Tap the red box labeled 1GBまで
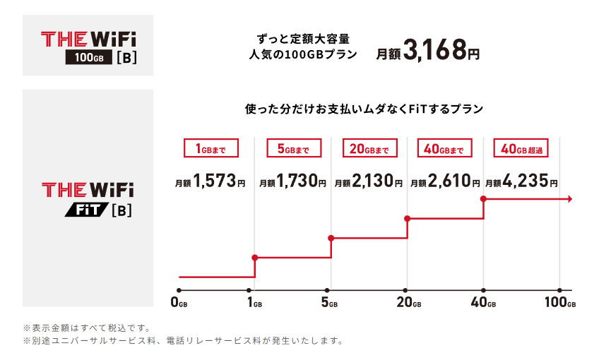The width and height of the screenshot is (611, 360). click(211, 148)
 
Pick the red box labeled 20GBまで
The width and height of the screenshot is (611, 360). click(369, 148)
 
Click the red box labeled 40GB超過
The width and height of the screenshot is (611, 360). click(521, 148)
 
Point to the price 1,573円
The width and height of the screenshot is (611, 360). click(210, 182)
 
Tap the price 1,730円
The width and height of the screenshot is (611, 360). click(293, 182)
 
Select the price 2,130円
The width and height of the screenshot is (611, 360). click(368, 182)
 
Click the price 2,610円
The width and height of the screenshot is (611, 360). click(445, 182)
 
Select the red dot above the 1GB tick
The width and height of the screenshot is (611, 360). click(254, 258)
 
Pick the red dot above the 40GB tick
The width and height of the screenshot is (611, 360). click(483, 200)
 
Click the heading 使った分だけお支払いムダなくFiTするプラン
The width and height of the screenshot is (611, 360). click(364, 109)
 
